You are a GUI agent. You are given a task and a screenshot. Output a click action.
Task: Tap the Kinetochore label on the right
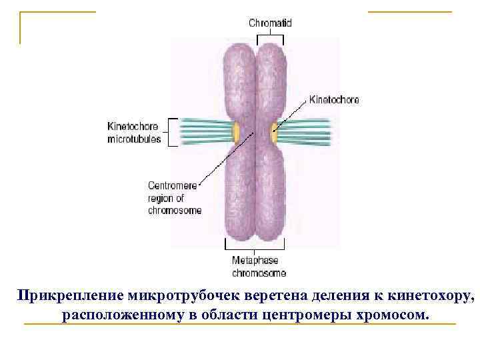click(x=335, y=100)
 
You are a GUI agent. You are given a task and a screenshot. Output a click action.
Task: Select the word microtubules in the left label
click(x=134, y=139)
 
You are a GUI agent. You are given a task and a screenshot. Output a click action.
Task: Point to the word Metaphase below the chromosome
click(x=254, y=261)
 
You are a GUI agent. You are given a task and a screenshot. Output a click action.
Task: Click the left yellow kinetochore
click(x=236, y=132)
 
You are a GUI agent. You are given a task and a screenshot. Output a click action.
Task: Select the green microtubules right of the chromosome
click(x=305, y=131)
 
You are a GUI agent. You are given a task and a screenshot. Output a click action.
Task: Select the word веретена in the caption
click(x=266, y=295)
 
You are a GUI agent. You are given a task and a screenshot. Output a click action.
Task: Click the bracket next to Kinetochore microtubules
click(x=172, y=132)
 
